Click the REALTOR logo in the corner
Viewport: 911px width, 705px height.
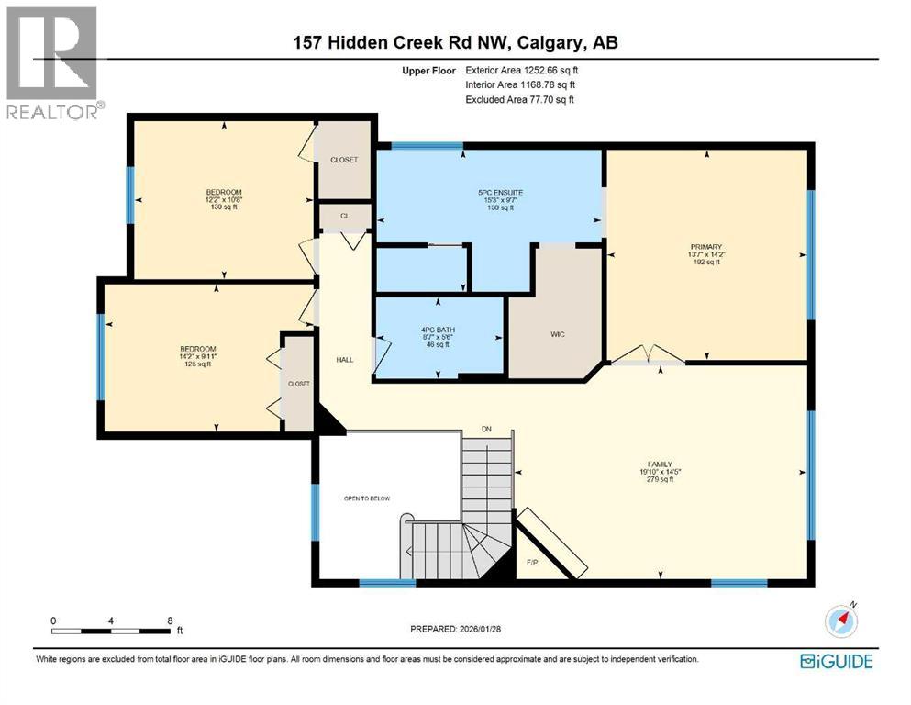[52, 62]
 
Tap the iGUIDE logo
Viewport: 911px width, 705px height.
[836, 661]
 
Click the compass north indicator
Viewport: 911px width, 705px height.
[841, 620]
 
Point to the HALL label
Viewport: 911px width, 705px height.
[344, 359]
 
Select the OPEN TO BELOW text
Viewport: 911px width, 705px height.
[367, 498]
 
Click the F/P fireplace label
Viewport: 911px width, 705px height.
[532, 562]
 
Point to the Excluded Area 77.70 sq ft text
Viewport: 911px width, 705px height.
[519, 99]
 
